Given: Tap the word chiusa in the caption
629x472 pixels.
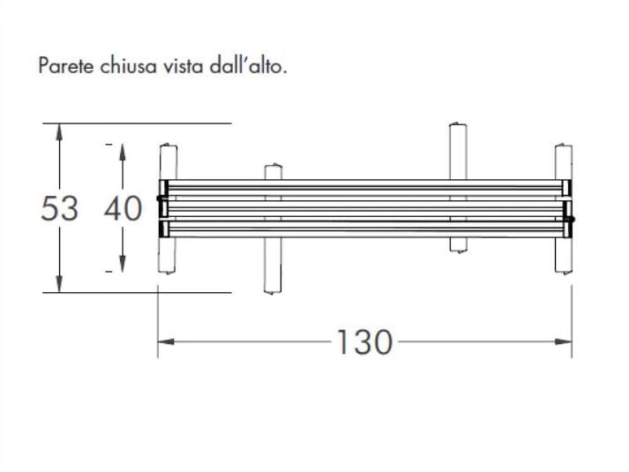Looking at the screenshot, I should click(x=124, y=66).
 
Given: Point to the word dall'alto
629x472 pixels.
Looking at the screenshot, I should click(x=249, y=66).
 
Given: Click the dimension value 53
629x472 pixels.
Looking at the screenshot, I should click(x=59, y=209).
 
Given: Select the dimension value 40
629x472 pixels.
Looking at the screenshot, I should click(x=123, y=209).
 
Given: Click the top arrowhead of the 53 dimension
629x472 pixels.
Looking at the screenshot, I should click(x=59, y=131).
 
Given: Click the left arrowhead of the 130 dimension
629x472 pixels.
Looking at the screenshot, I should click(x=165, y=341).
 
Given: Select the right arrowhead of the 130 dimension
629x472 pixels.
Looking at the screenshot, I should click(x=564, y=341).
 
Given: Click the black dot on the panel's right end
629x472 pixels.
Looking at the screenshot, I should click(x=571, y=219).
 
